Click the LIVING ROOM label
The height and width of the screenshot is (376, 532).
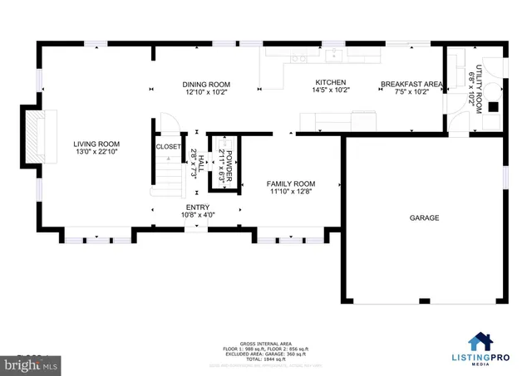[92, 143]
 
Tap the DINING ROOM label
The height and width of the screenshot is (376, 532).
[206, 85]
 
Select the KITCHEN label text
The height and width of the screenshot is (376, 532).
[323, 82]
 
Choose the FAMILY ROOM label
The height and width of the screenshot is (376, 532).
[290, 183]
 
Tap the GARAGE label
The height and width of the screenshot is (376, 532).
[423, 218]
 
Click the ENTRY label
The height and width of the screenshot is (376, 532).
[198, 208]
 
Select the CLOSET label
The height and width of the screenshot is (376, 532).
[168, 147]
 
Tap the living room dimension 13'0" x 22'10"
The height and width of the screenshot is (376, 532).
[92, 152]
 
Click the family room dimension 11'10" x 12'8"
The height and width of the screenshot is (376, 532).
[290, 193]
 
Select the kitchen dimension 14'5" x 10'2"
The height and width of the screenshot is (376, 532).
[323, 91]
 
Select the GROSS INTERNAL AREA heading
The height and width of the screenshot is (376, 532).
[265, 342]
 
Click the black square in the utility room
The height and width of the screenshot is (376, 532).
[493, 105]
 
